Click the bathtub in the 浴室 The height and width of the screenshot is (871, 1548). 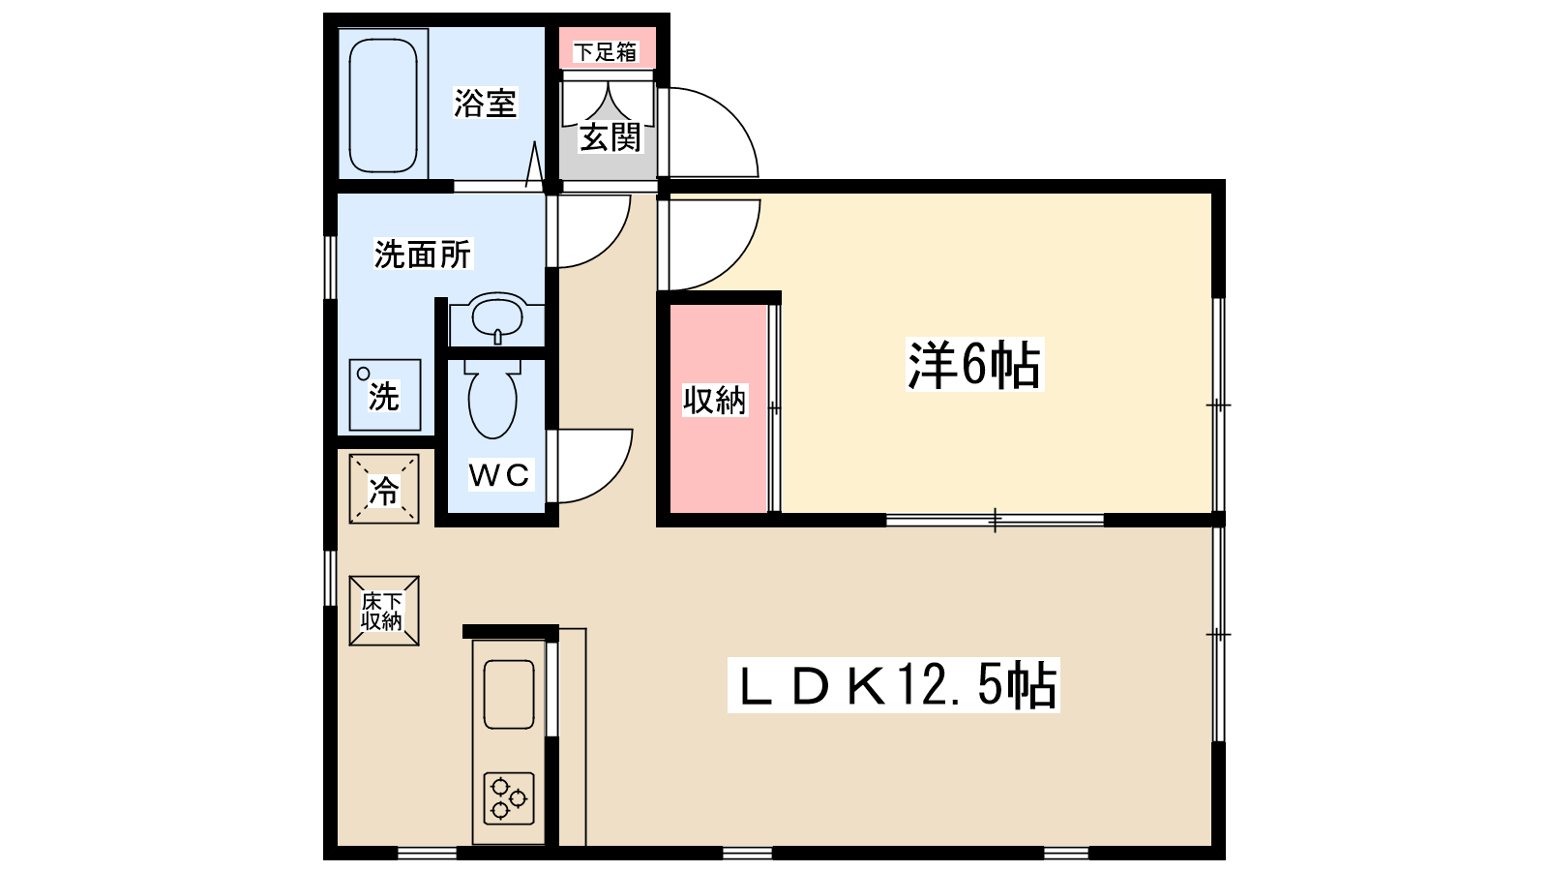(383, 105)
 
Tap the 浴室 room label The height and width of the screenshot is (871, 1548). (486, 103)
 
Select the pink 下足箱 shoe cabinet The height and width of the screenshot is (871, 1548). (607, 50)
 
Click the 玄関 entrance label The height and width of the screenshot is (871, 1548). (610, 137)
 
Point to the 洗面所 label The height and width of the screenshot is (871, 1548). (423, 255)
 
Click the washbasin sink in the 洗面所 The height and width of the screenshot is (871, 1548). (497, 316)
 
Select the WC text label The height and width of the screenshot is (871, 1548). (499, 474)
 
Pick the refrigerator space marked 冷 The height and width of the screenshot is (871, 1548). (384, 490)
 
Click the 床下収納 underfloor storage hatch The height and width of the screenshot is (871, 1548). (384, 611)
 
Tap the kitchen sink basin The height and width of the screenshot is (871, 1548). (508, 694)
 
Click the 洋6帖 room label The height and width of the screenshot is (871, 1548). (974, 365)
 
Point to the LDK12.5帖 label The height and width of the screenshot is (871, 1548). (894, 685)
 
